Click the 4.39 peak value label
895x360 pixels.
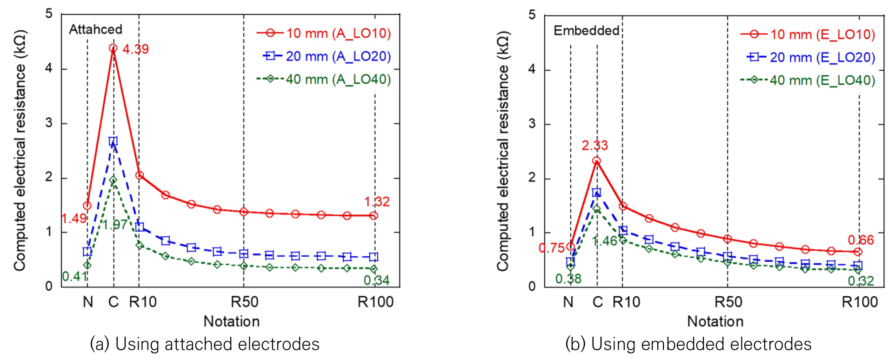click(135, 49)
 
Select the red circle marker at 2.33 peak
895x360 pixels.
click(596, 161)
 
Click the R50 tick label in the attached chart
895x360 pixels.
click(244, 302)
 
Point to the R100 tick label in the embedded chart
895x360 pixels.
click(860, 302)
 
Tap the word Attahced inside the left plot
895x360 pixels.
click(95, 29)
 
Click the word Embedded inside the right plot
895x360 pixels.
click(586, 31)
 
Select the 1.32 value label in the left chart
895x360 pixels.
click(377, 202)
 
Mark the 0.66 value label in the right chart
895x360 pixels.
click(861, 240)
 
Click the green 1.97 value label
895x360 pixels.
click(115, 225)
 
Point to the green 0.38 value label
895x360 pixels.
click(568, 279)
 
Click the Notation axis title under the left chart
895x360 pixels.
click(232, 321)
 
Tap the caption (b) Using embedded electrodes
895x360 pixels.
click(688, 344)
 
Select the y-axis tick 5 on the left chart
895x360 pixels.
click(49, 14)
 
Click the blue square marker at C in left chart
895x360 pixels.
click(113, 141)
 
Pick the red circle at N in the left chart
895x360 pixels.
click(87, 206)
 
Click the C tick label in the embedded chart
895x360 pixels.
click(598, 302)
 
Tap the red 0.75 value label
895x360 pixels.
click(552, 248)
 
